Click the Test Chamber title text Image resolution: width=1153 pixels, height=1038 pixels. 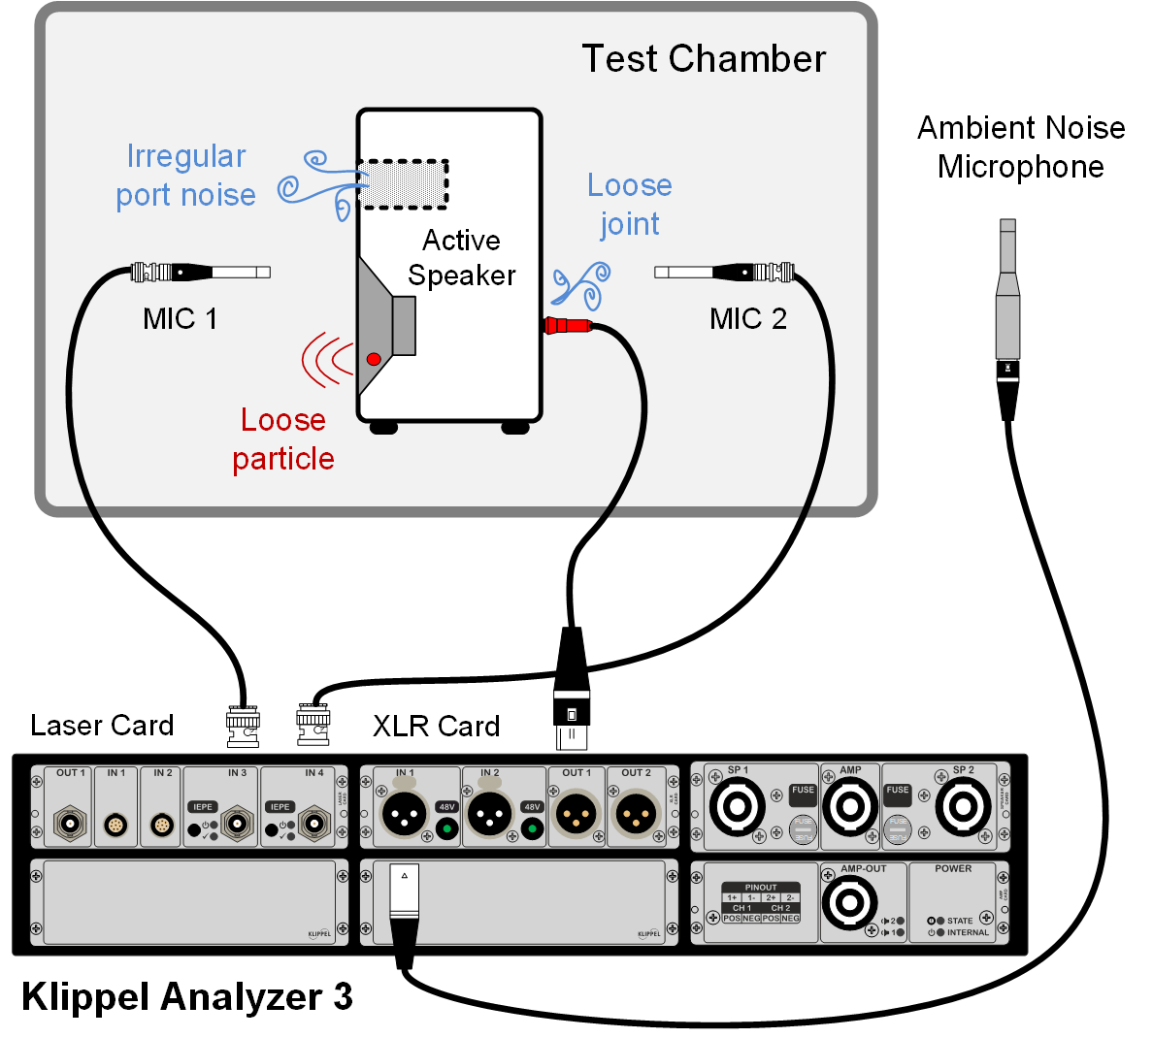pos(704,59)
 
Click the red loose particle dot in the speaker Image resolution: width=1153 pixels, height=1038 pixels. pos(374,359)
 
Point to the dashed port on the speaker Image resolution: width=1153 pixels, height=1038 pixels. pos(402,184)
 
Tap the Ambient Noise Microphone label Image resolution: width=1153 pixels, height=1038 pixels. pos(1021,146)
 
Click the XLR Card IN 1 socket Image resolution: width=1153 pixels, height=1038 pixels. pos(404,814)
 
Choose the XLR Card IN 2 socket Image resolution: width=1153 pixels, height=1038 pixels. pos(490,814)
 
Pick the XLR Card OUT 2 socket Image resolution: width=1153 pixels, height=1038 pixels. pos(637,814)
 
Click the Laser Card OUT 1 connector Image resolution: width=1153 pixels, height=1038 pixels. pos(70,824)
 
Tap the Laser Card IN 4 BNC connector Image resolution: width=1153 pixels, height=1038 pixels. pos(313,825)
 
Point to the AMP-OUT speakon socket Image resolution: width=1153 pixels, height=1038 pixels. pos(849,902)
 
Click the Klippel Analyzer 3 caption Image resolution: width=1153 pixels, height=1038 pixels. pos(187,996)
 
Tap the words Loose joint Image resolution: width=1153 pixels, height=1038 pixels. pos(630,205)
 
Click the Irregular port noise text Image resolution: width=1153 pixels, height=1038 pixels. pos(185,176)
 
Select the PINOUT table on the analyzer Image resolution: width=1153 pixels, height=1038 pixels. pos(761,903)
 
